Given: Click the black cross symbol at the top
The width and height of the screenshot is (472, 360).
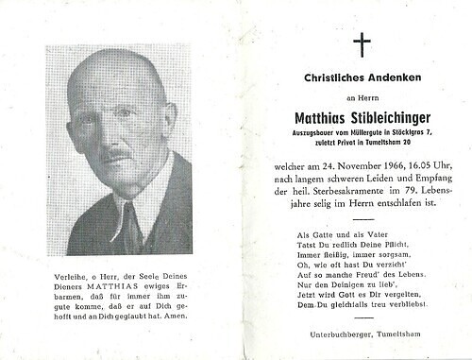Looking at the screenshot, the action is click(x=362, y=44).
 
